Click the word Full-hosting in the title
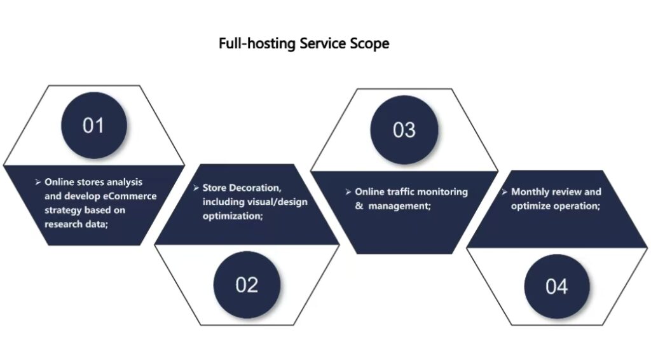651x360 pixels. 249,44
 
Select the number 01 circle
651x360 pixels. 93,125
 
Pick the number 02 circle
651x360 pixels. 246,284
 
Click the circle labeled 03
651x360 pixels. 404,130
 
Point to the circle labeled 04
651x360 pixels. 556,286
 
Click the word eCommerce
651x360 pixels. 130,196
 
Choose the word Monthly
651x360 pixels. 530,192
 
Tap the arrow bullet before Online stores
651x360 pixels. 38,182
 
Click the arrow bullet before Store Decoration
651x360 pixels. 196,188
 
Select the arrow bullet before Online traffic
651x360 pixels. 348,191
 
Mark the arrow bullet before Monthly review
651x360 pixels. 504,192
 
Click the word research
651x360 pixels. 62,224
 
